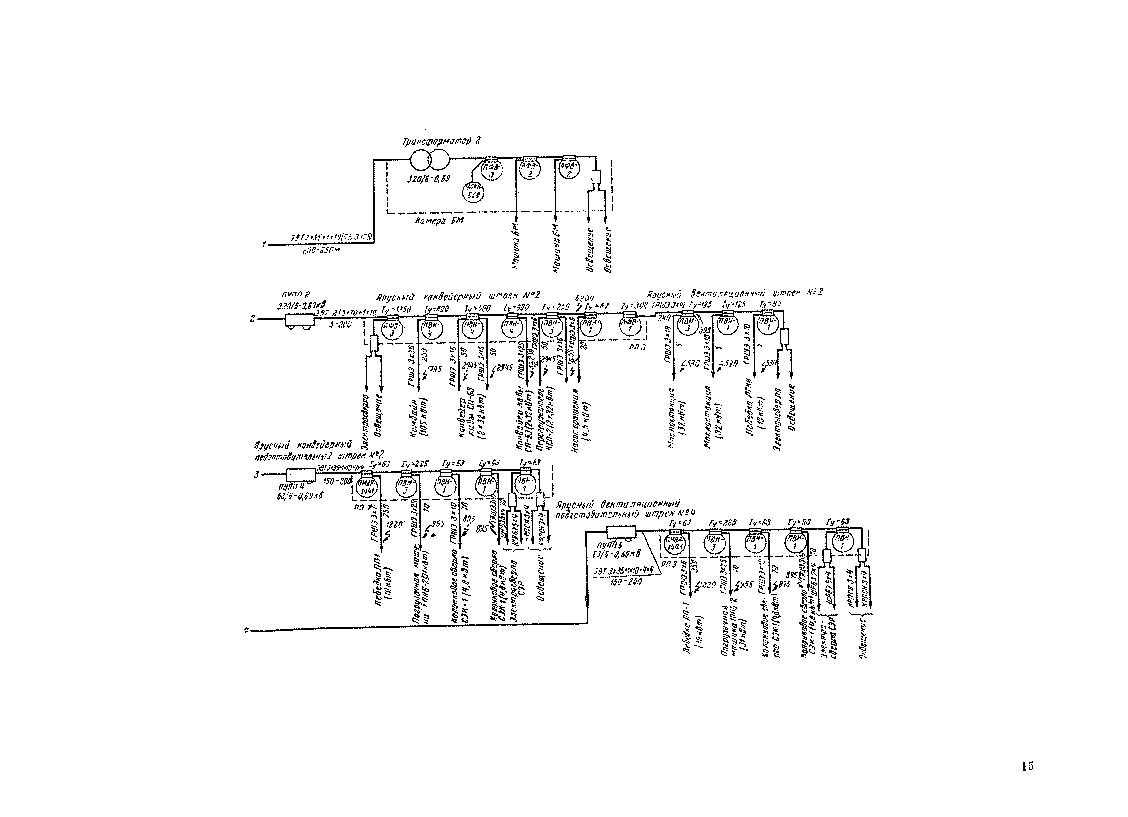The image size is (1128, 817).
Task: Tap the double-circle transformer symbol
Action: click(x=430, y=161)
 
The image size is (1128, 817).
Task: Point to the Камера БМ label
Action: click(x=439, y=221)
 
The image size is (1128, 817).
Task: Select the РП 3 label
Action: click(x=637, y=347)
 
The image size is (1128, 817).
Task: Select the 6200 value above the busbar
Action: click(x=584, y=298)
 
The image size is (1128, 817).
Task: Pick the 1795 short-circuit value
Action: click(x=434, y=369)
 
